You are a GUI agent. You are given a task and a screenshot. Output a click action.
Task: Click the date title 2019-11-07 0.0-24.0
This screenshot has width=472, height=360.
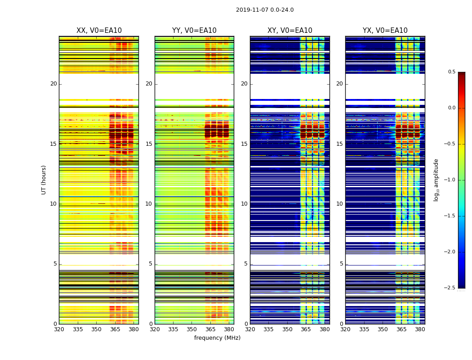[x=265, y=10]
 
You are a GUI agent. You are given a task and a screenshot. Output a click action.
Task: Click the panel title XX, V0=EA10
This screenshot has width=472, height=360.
[x=99, y=31]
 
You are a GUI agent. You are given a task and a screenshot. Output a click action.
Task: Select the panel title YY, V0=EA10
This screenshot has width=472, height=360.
[x=194, y=31]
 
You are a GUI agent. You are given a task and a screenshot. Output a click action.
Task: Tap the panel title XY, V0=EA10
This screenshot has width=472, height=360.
[x=290, y=31]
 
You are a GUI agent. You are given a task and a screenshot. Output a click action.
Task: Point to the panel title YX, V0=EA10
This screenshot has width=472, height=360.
[x=385, y=31]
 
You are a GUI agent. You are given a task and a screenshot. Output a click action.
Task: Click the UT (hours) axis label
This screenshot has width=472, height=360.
[x=44, y=180]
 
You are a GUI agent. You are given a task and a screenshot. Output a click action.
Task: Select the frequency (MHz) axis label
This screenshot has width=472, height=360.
[x=217, y=338]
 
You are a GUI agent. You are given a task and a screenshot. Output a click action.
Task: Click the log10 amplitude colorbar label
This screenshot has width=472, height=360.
[x=436, y=180]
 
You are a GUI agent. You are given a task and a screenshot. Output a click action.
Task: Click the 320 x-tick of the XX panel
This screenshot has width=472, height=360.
[x=59, y=329]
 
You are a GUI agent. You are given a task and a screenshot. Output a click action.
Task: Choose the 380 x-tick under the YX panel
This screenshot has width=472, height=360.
[x=420, y=329]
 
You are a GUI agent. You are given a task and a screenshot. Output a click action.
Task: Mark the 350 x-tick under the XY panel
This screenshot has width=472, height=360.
[x=287, y=329]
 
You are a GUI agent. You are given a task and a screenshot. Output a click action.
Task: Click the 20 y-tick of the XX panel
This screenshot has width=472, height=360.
[x=53, y=84]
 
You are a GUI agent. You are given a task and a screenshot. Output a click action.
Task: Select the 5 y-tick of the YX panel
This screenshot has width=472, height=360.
[x=342, y=264]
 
